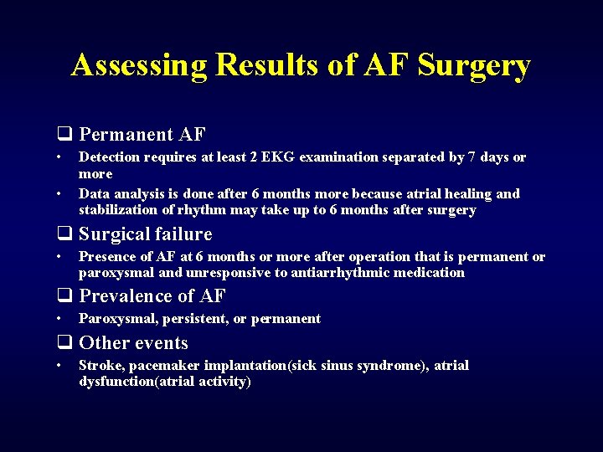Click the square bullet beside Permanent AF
[63, 135]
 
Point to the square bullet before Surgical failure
[63, 234]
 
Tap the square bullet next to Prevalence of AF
[63, 296]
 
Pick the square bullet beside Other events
[63, 343]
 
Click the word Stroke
[98, 365]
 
